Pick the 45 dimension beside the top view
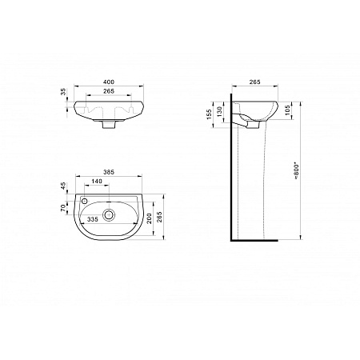[x=65, y=186]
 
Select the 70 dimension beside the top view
[x=65, y=207]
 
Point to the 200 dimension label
[x=148, y=216]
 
